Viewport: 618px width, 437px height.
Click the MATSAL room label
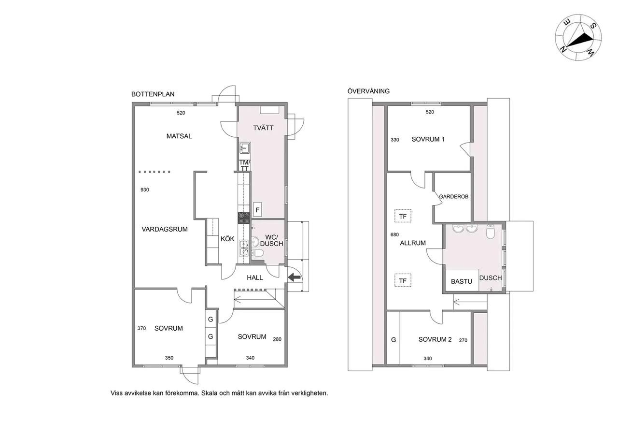179,136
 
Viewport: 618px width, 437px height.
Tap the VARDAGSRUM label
165,229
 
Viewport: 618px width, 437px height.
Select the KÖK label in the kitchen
227,239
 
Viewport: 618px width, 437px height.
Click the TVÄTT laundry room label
263,128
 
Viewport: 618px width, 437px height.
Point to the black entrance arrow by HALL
295,277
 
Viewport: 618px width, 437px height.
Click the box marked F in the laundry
257,210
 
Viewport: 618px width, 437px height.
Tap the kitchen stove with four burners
244,218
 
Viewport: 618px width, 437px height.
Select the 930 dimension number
144,190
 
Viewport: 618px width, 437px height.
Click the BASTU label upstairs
461,281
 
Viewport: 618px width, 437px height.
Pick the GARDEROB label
453,197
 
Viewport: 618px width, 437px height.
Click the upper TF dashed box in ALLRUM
403,216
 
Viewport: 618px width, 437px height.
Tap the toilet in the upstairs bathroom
490,232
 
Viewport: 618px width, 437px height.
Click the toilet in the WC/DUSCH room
258,252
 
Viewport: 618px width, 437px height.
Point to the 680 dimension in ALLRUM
394,234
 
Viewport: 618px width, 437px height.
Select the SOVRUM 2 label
435,339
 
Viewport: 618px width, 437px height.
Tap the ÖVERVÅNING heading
368,91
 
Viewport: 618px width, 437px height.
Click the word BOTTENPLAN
153,94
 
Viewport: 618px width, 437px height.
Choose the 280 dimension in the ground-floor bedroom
277,339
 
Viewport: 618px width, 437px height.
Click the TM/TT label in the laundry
244,165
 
